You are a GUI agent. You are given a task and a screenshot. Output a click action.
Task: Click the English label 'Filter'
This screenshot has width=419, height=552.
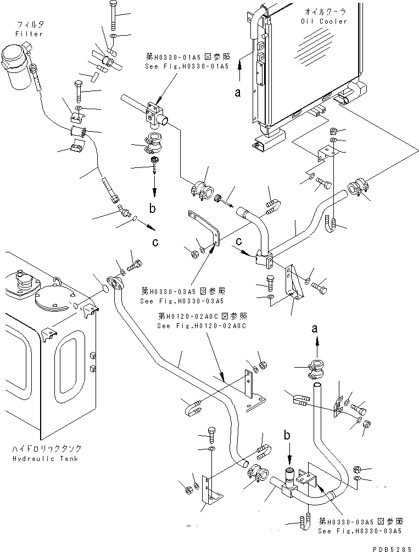pos(30,34)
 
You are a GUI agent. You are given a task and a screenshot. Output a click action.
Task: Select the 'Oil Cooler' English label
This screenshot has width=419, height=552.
pos(323,21)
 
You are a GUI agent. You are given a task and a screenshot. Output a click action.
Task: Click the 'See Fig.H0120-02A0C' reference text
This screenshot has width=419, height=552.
pos(200,325)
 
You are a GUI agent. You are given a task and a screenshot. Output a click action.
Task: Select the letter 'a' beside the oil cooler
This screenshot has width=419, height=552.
pos(238,93)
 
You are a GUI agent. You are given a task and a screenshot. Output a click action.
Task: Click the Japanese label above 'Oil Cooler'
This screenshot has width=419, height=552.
pos(323,12)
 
